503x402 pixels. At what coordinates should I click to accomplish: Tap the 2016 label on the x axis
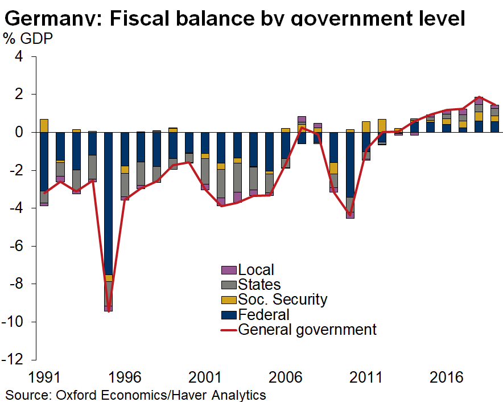446,378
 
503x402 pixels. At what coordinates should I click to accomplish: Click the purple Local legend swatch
229,270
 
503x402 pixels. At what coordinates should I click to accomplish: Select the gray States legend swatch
229,285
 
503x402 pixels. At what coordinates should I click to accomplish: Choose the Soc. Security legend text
283,300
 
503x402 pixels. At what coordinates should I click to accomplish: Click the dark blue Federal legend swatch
229,314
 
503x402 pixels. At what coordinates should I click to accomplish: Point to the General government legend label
307,329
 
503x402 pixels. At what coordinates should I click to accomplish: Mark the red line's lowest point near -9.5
108,311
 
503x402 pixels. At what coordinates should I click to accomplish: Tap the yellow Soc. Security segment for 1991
44,125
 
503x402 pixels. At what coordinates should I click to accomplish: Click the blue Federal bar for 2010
350,165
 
